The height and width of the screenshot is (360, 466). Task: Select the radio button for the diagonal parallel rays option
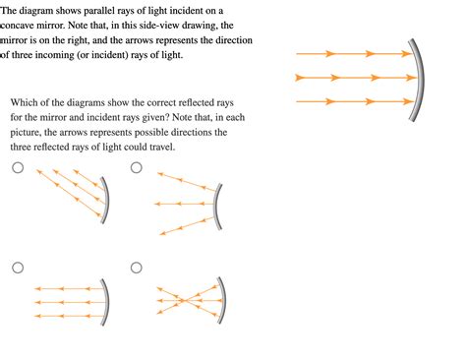(x=17, y=168)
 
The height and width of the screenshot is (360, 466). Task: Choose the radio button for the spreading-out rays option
(x=137, y=168)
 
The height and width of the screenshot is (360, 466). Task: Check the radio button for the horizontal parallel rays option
(x=17, y=267)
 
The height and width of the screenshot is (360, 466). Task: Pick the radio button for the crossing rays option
(x=137, y=267)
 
